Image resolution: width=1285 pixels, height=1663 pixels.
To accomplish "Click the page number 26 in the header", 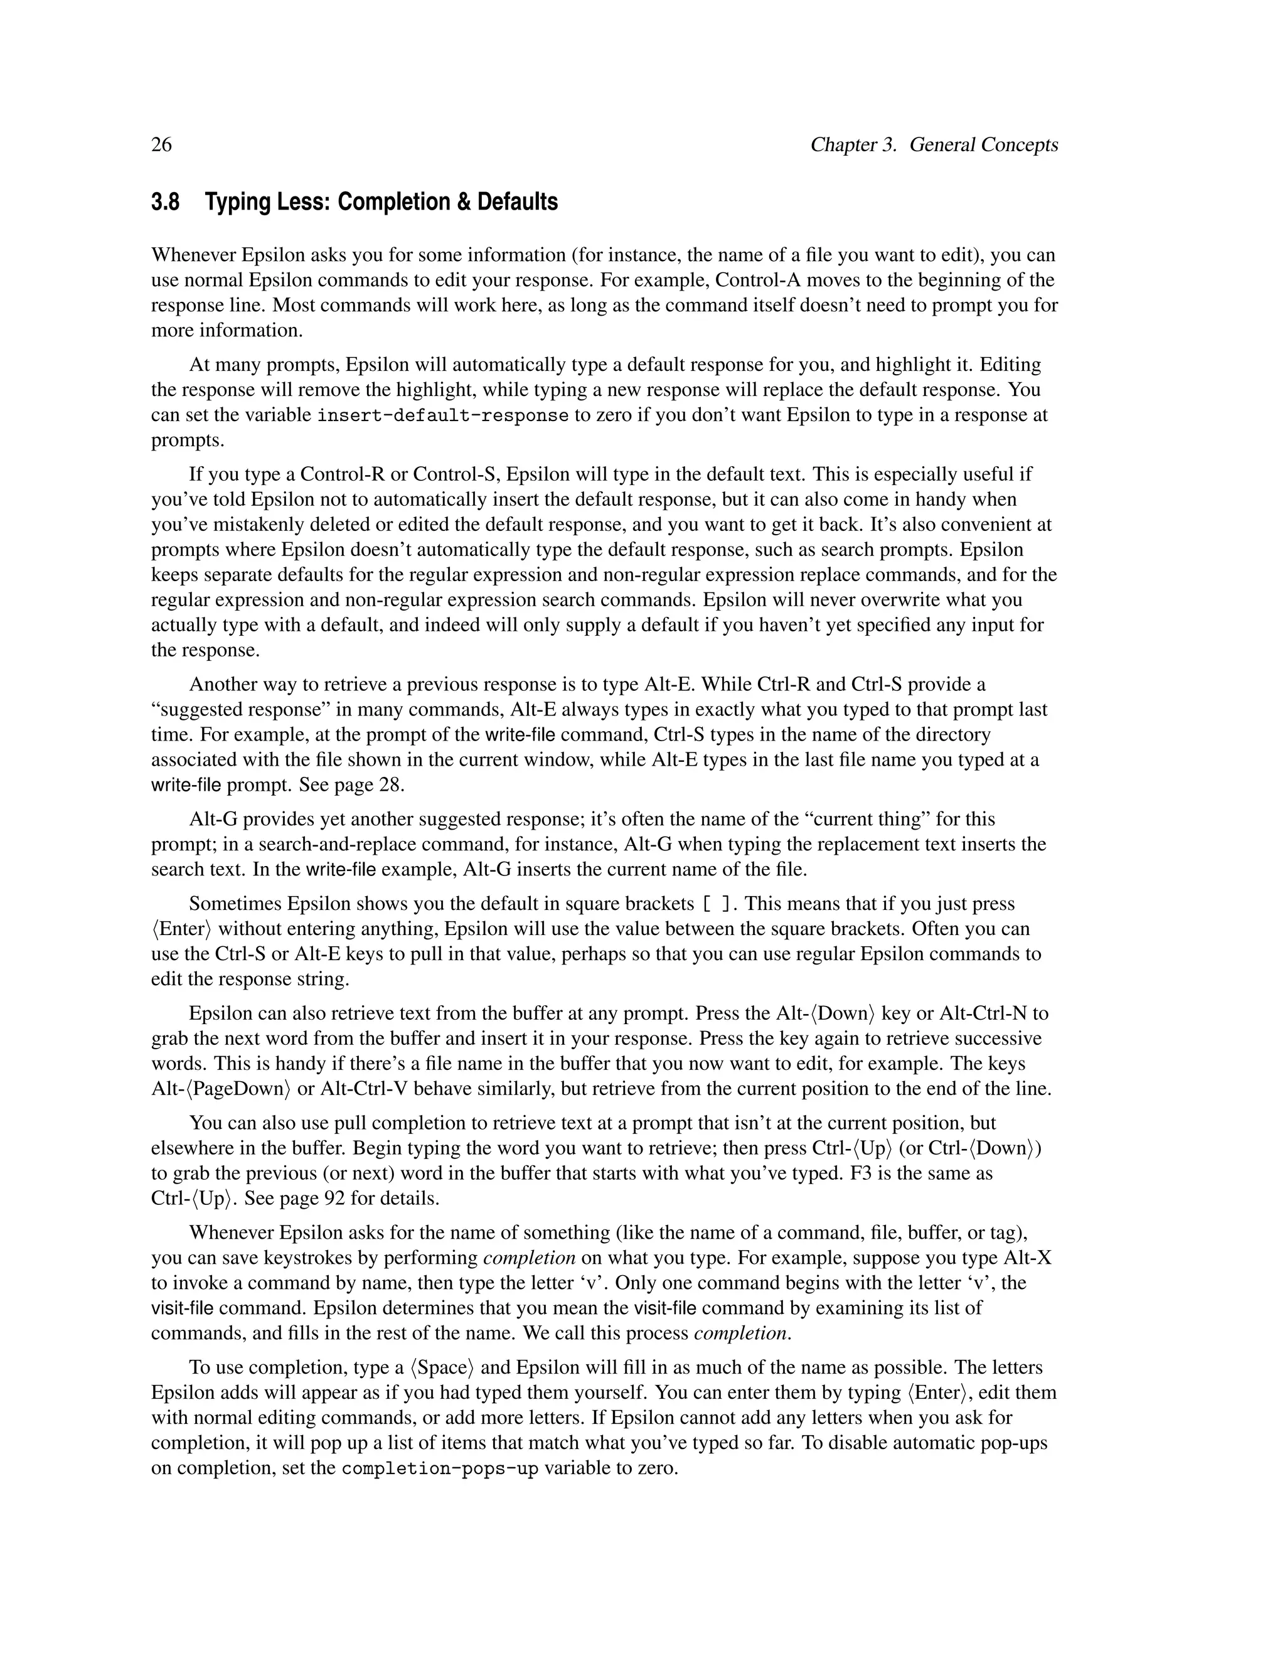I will [x=161, y=145].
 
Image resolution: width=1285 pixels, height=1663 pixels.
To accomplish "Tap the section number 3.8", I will [x=165, y=203].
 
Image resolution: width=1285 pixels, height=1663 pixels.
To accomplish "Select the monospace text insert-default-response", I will [x=442, y=415].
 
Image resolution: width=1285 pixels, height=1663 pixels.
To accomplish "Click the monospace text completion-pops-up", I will [x=439, y=1468].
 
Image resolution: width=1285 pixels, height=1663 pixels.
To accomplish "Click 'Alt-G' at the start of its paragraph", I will [x=211, y=820].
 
